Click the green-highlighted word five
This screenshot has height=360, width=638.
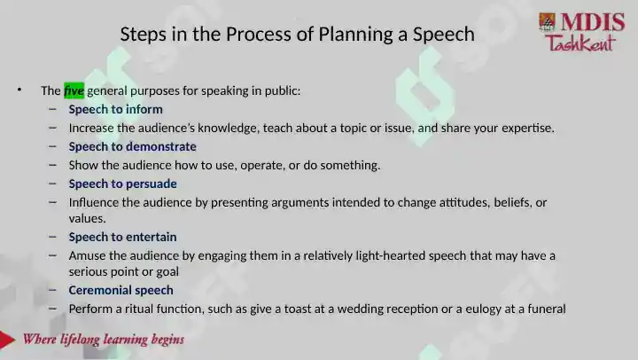click(x=74, y=90)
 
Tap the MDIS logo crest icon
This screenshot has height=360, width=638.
click(x=548, y=22)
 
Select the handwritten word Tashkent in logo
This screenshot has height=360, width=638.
click(x=580, y=43)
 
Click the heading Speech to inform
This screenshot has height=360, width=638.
click(x=115, y=109)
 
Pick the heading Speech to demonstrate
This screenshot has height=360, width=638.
click(x=132, y=146)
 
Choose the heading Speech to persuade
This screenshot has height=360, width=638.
click(x=122, y=184)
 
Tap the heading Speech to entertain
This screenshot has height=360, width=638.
click(x=122, y=237)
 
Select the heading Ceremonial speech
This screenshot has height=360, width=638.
click(x=121, y=290)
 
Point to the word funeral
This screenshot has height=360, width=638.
click(x=547, y=309)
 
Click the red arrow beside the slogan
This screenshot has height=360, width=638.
click(x=7, y=340)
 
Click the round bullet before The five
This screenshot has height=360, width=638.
click(x=19, y=90)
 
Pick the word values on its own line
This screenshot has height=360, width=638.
click(x=87, y=219)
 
